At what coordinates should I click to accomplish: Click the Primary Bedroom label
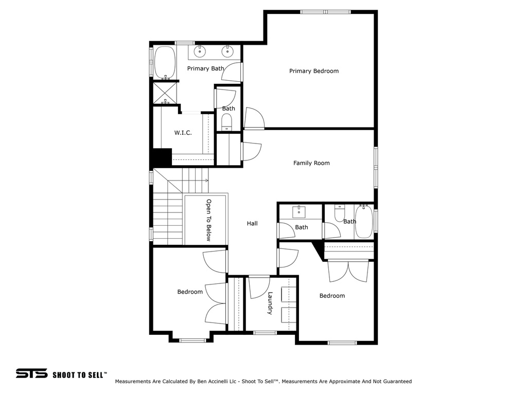point(314,71)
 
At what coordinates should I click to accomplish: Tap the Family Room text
point(311,163)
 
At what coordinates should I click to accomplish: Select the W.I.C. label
point(183,133)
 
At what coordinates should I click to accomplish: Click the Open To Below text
point(209,220)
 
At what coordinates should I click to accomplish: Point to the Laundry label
point(270,303)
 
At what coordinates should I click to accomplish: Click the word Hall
point(252,223)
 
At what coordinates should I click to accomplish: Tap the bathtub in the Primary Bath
point(165,63)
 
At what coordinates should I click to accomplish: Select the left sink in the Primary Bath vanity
point(200,51)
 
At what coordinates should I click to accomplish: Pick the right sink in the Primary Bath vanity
point(226,51)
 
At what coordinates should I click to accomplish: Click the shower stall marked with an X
point(164,93)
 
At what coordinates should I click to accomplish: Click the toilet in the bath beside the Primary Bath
point(227,121)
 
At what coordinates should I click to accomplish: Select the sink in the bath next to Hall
point(299,211)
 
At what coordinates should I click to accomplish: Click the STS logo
point(31,373)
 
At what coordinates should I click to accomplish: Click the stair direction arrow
point(205,181)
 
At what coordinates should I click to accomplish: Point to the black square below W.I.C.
point(162,157)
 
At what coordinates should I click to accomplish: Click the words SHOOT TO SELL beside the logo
point(80,374)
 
